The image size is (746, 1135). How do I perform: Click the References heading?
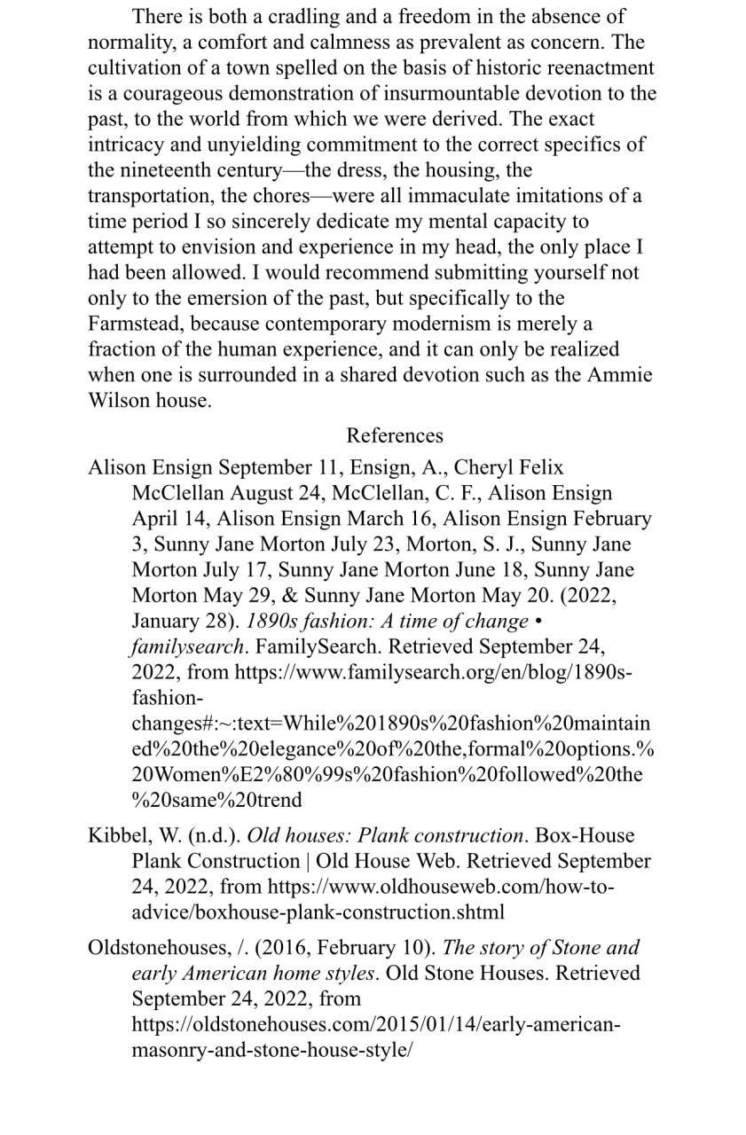394,435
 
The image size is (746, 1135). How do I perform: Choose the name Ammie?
619,375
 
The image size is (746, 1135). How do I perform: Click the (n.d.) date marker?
214,836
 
